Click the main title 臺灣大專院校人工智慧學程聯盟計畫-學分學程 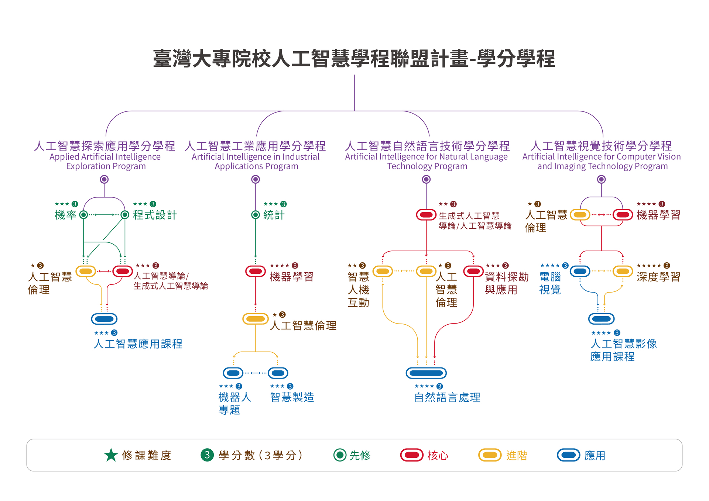coord(354,59)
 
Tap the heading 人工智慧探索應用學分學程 coord(105,146)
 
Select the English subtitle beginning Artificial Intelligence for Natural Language coord(427,157)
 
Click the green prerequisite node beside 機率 coord(84,215)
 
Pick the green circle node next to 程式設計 coord(125,215)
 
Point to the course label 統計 coord(274,215)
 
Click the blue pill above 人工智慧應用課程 coord(104,319)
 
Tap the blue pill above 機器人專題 coord(233,373)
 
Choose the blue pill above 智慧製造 coord(278,373)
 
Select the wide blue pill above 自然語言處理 coord(426,373)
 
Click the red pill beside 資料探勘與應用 coord(473,272)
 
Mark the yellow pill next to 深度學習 coord(623,272)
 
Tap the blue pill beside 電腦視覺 coord(580,272)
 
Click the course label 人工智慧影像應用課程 coord(623,350)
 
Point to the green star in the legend coord(111,455)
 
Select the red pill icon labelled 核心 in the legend coord(411,455)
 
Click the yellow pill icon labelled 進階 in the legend coord(490,455)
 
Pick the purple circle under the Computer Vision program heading coord(601,179)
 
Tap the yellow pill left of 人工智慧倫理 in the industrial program coord(255,319)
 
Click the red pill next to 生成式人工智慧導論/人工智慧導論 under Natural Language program coord(426,215)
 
